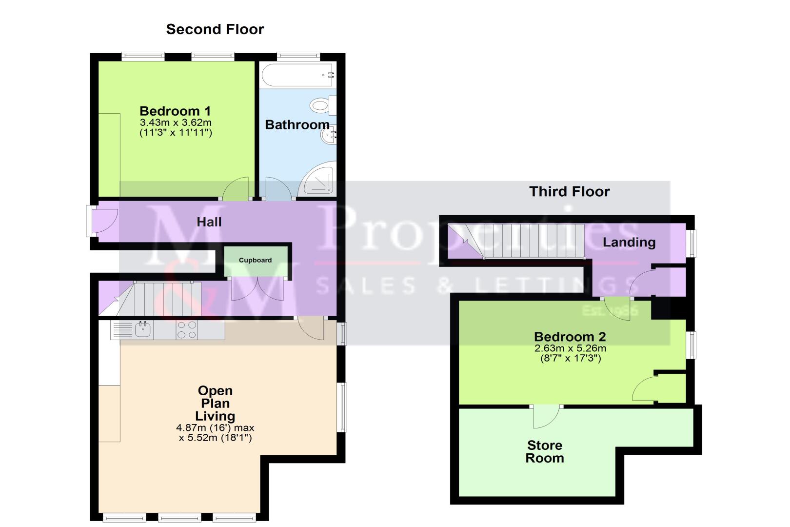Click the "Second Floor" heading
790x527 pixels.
215,29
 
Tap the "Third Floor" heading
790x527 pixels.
569,192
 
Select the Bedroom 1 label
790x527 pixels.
175,111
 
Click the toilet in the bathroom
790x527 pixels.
323,105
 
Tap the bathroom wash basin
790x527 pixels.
328,135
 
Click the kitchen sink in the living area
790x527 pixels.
143,330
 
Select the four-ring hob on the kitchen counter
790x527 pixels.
187,330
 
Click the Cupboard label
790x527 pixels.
256,260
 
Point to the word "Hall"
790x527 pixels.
209,222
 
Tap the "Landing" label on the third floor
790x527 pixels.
629,243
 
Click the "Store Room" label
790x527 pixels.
545,452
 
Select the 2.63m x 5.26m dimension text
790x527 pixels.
570,348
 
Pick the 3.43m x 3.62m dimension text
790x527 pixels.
176,123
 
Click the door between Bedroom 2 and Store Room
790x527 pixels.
546,417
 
